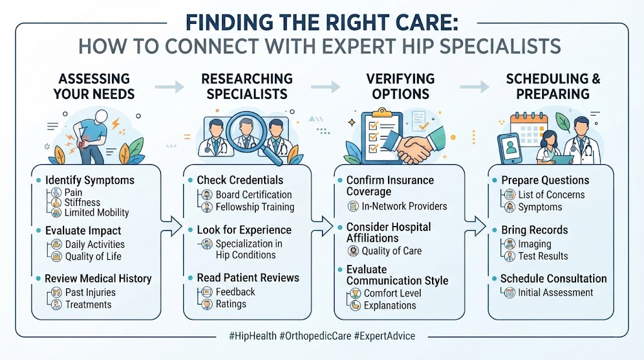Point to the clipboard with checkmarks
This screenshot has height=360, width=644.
[380, 137]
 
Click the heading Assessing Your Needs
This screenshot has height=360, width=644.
[94, 86]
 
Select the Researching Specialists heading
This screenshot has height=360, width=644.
[247, 86]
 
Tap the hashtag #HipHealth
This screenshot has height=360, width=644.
[253, 335]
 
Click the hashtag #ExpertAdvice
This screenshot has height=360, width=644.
[384, 335]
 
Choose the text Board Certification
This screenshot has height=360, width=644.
[254, 195]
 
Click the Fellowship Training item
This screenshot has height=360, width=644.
[255, 207]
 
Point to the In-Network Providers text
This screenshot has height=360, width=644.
[404, 206]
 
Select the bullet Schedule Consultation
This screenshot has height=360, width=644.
[553, 279]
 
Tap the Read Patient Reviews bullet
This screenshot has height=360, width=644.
[248, 278]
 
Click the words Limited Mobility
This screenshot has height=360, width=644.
[96, 213]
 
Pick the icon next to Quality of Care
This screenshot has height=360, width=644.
[353, 250]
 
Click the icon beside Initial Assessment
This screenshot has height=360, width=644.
[509, 293]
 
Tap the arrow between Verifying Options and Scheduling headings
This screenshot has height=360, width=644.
[474, 87]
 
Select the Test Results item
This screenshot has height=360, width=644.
[543, 256]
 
